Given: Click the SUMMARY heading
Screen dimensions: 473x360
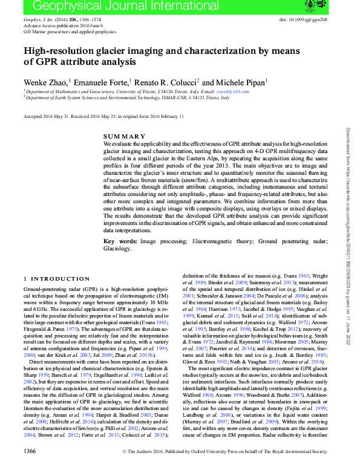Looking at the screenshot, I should pyautogui.click(x=124, y=136).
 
